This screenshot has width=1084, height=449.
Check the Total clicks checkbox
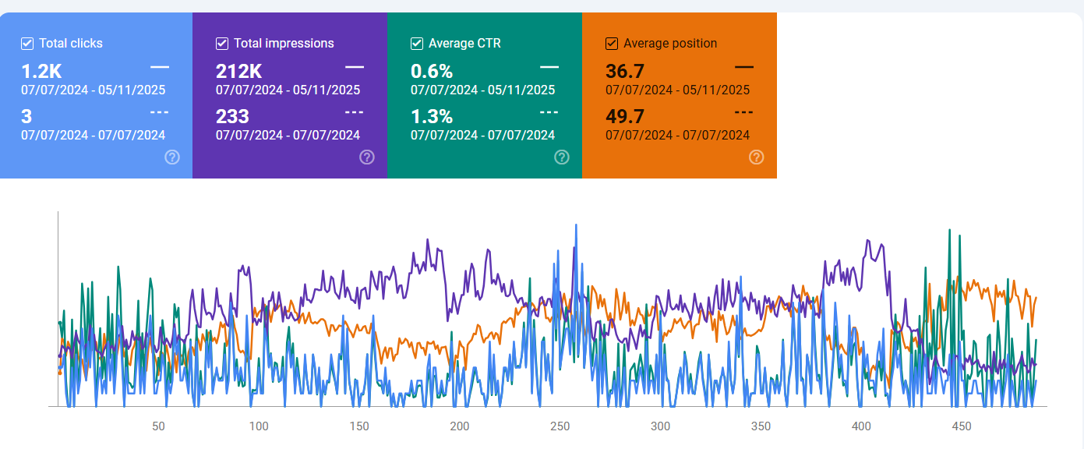(27, 44)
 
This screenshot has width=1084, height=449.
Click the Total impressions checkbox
(222, 44)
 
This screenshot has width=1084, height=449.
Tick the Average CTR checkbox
(417, 44)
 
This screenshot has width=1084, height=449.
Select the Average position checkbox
(612, 44)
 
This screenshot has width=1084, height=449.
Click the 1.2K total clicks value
(41, 72)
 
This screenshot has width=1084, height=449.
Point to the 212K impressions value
(238, 72)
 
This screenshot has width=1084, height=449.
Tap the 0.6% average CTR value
(432, 72)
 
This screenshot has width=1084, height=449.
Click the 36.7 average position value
(625, 72)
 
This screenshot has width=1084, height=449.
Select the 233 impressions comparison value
(232, 117)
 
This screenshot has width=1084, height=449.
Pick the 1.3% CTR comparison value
(432, 117)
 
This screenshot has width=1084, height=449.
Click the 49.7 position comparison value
(625, 117)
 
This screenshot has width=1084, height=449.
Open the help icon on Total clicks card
(172, 157)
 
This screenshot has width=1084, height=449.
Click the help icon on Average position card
(756, 157)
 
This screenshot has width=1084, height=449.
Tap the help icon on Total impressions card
(367, 157)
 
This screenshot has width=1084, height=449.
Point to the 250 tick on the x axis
(560, 426)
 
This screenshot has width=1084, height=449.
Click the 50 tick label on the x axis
(158, 426)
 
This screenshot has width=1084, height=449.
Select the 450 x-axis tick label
(962, 426)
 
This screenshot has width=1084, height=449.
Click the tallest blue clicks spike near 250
(576, 225)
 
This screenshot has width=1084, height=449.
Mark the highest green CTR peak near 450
(948, 230)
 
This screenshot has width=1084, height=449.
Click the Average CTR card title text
(464, 44)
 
